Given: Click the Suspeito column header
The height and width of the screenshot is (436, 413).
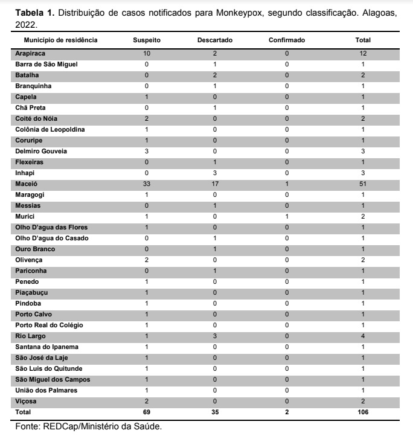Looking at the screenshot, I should pyautogui.click(x=147, y=40).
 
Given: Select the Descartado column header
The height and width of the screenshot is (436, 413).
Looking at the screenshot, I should pyautogui.click(x=215, y=40).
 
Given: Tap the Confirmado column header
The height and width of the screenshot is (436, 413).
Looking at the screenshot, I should pyautogui.click(x=287, y=40).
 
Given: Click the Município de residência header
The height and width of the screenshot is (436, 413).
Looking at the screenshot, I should pyautogui.click(x=60, y=40).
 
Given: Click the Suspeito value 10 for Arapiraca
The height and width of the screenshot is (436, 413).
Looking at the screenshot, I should pyautogui.click(x=147, y=53).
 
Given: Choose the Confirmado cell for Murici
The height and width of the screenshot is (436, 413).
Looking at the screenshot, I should pyautogui.click(x=287, y=216).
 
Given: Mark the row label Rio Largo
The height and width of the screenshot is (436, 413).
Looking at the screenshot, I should pyautogui.click(x=30, y=336).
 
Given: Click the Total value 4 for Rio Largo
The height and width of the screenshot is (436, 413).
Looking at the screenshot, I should pyautogui.click(x=363, y=336).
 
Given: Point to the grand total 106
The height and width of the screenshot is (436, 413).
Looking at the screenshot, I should pyautogui.click(x=363, y=412).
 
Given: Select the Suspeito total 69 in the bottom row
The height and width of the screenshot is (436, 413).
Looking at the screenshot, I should pyautogui.click(x=147, y=412).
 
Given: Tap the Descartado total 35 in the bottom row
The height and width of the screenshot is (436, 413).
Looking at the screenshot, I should pyautogui.click(x=215, y=412).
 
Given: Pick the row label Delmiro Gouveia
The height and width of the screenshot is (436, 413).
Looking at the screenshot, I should pyautogui.click(x=42, y=151).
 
